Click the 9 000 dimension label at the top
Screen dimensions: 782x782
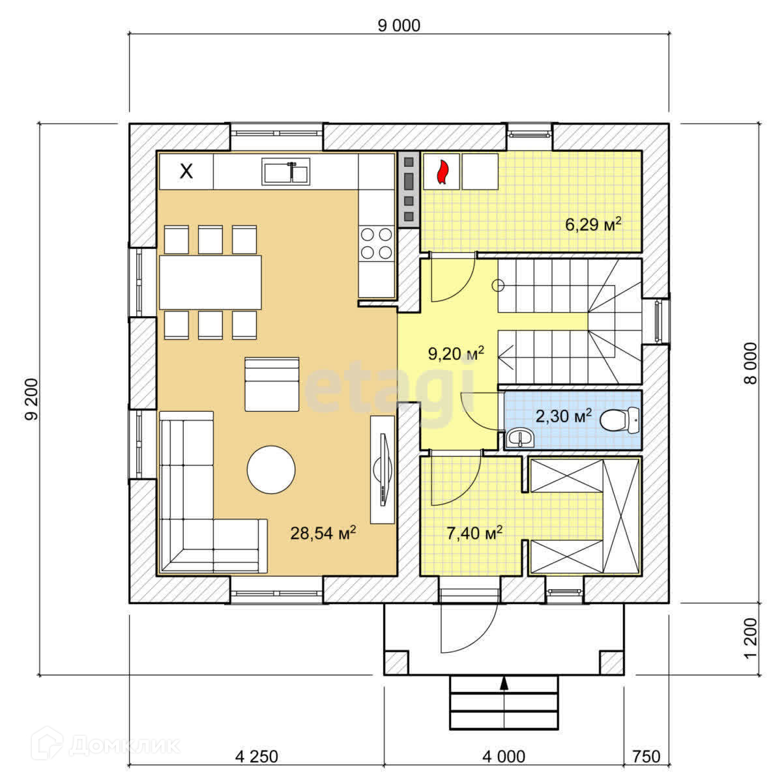[399, 25]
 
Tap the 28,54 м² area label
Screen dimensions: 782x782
[323, 532]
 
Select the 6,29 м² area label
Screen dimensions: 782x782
[593, 224]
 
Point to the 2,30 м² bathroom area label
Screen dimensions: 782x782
[564, 416]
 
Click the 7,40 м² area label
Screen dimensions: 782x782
[474, 533]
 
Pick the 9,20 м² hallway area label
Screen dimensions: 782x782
[456, 353]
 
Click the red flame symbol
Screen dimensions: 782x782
[442, 172]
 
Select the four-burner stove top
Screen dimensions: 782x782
[377, 244]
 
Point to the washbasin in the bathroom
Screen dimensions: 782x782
[520, 438]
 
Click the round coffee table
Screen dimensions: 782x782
[271, 469]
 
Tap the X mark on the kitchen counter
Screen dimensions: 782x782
[186, 171]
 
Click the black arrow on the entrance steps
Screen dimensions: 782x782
[504, 683]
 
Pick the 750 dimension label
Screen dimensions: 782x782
[646, 757]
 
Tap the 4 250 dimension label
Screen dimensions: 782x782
[257, 757]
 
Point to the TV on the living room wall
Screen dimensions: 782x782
[383, 469]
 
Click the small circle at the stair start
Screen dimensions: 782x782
[498, 285]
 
